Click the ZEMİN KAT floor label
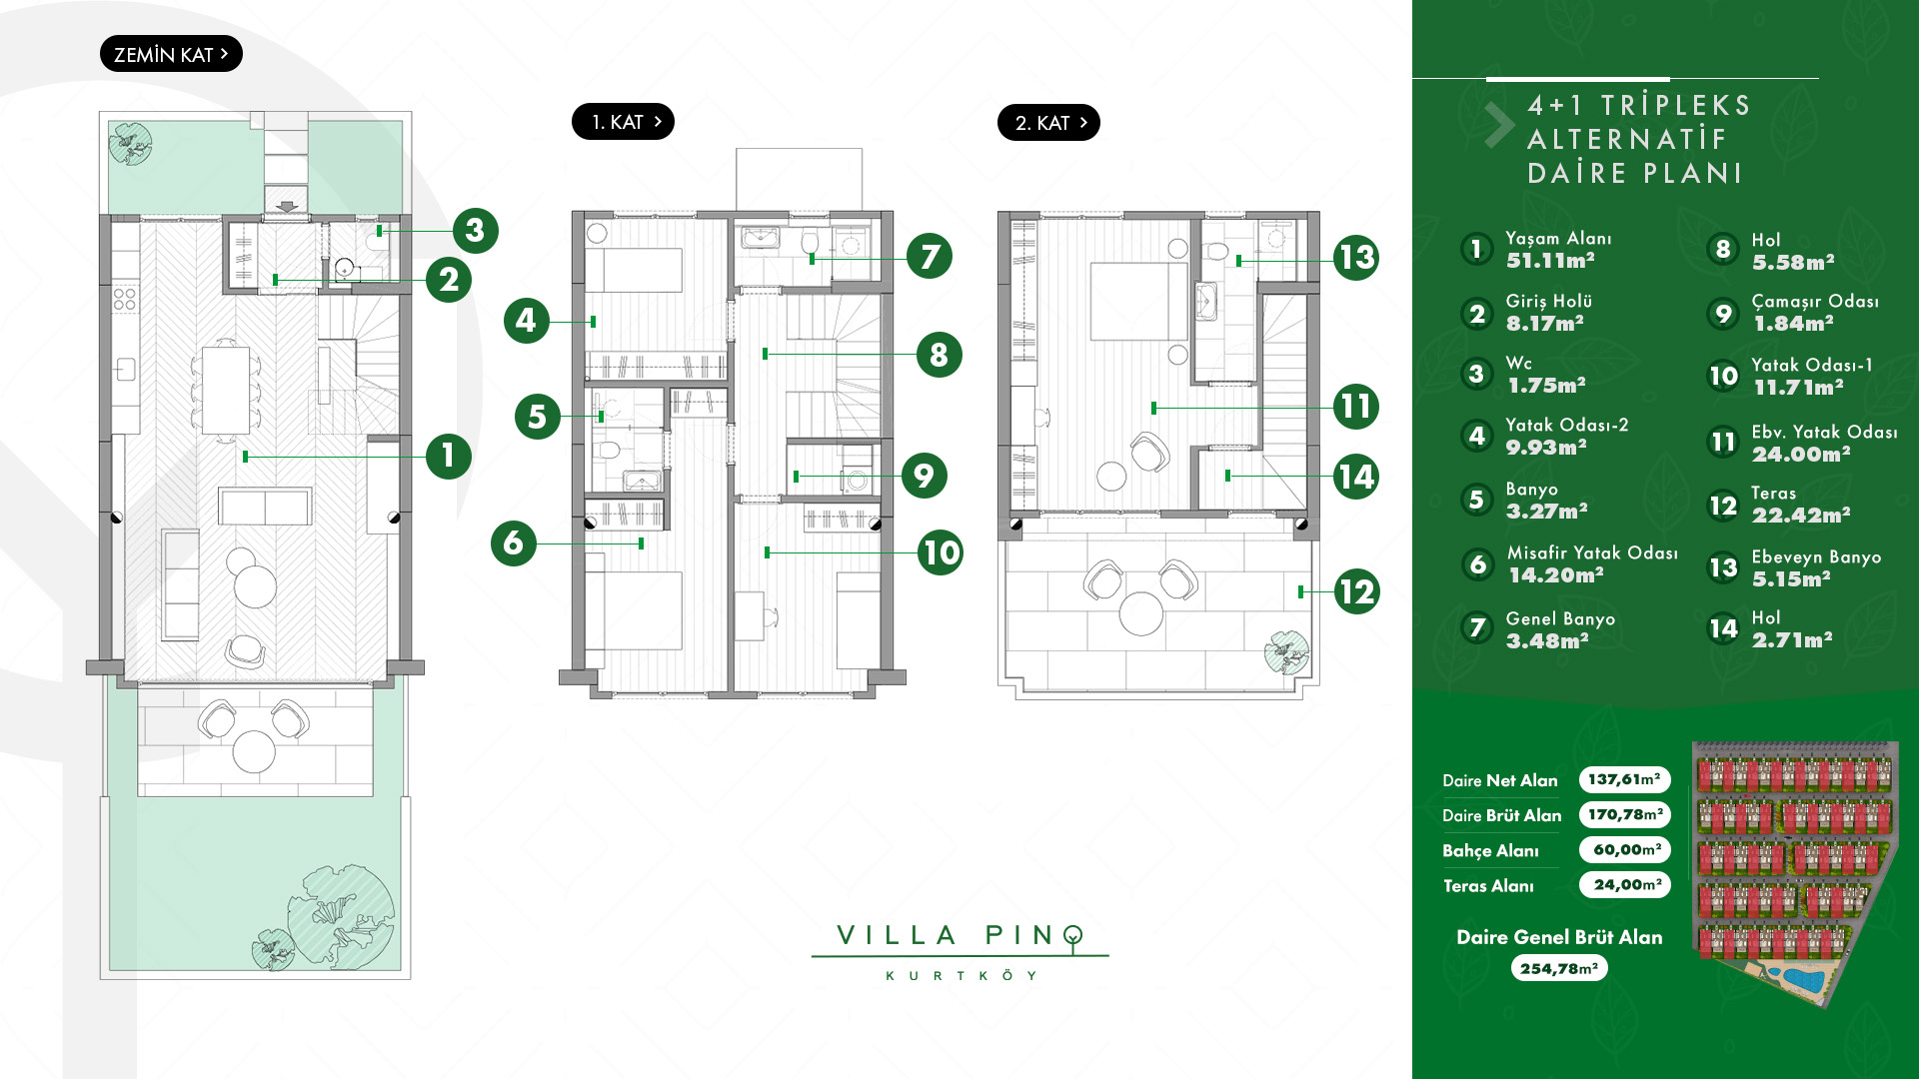tap(171, 54)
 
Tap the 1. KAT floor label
tap(623, 122)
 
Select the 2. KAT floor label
tap(1048, 123)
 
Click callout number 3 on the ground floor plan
tap(475, 231)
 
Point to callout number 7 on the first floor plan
tap(930, 257)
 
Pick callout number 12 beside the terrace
tap(1356, 592)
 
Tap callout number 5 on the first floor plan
tap(538, 417)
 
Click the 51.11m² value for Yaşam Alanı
tap(1550, 261)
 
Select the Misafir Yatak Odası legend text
tap(1592, 552)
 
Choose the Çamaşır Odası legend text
tap(1815, 302)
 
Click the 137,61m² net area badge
tap(1625, 779)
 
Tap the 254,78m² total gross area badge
tap(1559, 968)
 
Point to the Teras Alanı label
tap(1488, 886)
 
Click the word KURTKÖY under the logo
tap(960, 976)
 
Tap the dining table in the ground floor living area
tap(226, 390)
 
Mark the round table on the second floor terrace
tap(1141, 613)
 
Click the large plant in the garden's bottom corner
tap(341, 916)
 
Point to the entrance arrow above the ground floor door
tap(287, 207)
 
